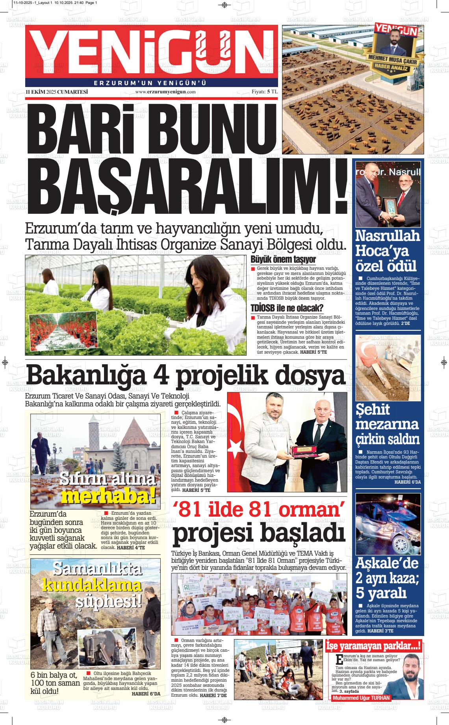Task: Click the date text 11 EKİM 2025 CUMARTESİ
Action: point(56,92)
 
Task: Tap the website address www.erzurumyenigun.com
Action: point(165,92)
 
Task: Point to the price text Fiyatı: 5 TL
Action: point(265,92)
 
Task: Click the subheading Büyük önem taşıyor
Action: point(283,260)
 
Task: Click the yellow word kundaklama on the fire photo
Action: point(92,585)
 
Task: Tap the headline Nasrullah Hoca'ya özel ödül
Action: point(388,251)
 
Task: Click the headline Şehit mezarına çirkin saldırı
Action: point(388,425)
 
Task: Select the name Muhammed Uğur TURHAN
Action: point(361,698)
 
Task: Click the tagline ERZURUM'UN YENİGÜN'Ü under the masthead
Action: point(150,83)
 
